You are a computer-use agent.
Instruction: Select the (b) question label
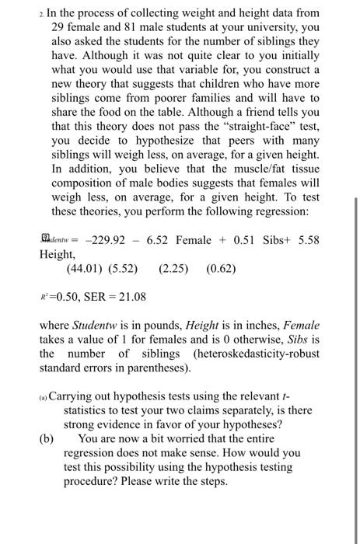coord(47,438)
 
